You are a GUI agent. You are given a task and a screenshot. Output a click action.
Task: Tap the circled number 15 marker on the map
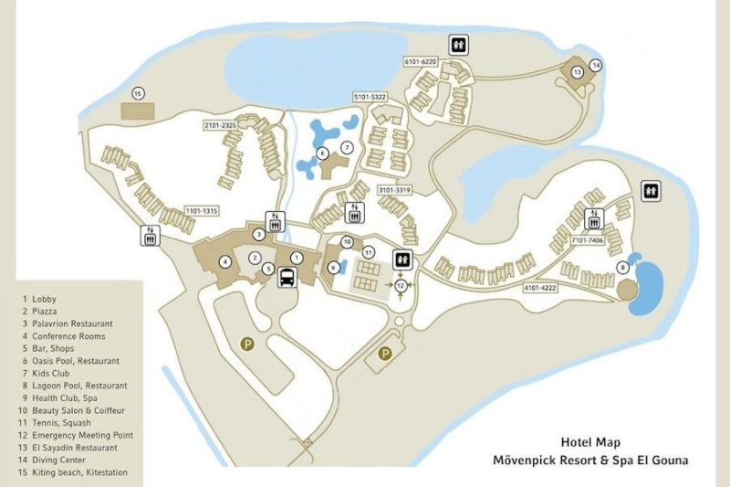pos(138,93)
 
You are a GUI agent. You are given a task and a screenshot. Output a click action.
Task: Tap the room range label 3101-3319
pos(396,190)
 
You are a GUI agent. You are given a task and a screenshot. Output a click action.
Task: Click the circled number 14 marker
pos(596,65)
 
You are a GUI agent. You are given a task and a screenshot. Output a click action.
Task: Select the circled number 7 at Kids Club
pos(347,146)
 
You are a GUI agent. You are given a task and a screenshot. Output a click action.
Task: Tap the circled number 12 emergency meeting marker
pos(401,286)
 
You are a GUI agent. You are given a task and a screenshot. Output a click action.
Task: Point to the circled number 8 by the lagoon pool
pos(622,267)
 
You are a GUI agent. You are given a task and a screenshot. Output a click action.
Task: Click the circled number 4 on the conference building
pos(224,261)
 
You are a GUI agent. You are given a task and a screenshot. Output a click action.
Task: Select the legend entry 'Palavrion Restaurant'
pos(72,323)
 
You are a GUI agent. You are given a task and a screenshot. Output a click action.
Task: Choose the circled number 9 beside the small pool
pos(333,267)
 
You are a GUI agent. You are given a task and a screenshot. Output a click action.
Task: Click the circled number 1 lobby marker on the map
pos(296,259)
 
